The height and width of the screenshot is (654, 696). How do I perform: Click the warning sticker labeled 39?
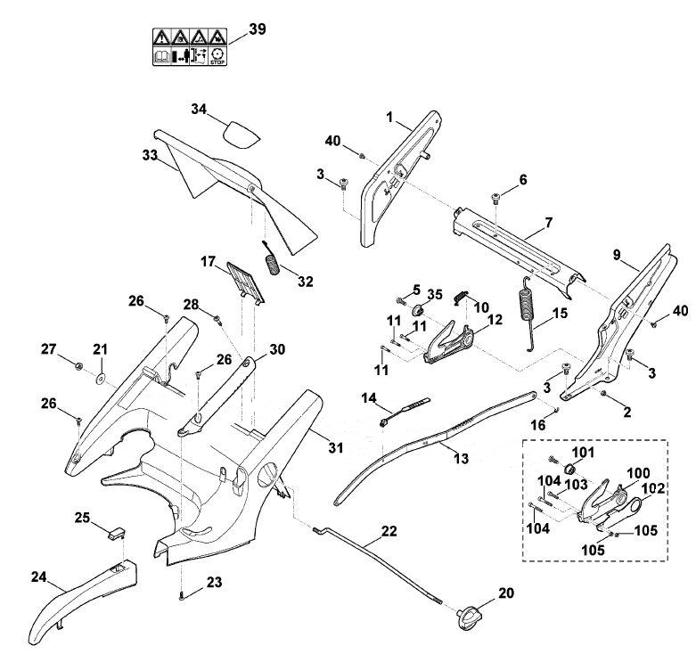tap(190, 47)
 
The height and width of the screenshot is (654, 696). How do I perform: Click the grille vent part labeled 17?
tap(245, 282)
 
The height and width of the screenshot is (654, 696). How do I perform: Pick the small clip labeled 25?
tap(116, 532)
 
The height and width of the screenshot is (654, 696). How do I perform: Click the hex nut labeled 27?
tap(78, 366)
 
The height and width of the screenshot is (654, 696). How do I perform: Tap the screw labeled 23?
tap(181, 597)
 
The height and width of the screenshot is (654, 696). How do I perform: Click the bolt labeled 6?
tap(495, 199)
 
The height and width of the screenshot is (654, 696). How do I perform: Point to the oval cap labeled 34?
tap(241, 135)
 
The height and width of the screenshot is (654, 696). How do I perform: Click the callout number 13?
tap(462, 458)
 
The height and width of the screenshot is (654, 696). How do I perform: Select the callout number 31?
tap(336, 447)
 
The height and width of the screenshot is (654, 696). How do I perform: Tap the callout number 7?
tap(549, 222)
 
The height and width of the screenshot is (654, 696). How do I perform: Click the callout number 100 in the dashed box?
tap(639, 473)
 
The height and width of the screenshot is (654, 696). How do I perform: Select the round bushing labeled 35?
tap(418, 310)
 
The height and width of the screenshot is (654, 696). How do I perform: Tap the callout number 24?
tap(39, 576)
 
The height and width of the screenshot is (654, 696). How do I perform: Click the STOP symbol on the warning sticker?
tap(218, 56)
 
